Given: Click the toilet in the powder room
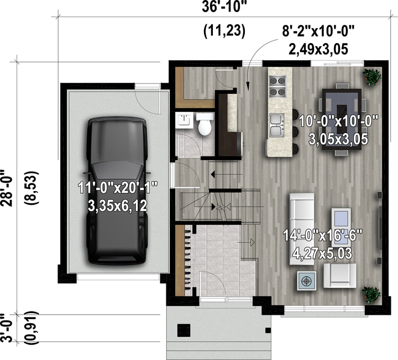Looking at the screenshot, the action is click(205, 124).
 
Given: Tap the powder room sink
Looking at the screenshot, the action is click(184, 120).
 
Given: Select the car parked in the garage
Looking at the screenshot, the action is click(117, 190).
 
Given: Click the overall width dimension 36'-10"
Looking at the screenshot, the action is click(224, 7).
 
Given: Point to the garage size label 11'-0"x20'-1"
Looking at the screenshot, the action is click(118, 188).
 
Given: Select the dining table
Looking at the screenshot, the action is click(342, 120).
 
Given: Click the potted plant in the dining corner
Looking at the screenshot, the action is click(373, 77).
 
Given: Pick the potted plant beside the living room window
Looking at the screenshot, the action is click(373, 294).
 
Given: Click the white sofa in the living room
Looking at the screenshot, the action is click(302, 229).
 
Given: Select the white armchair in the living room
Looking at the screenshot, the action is click(339, 276).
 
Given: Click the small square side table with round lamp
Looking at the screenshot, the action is click(307, 280).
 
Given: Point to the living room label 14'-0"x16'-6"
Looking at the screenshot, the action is click(322, 235).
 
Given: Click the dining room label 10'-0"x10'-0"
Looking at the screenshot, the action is click(339, 121).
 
